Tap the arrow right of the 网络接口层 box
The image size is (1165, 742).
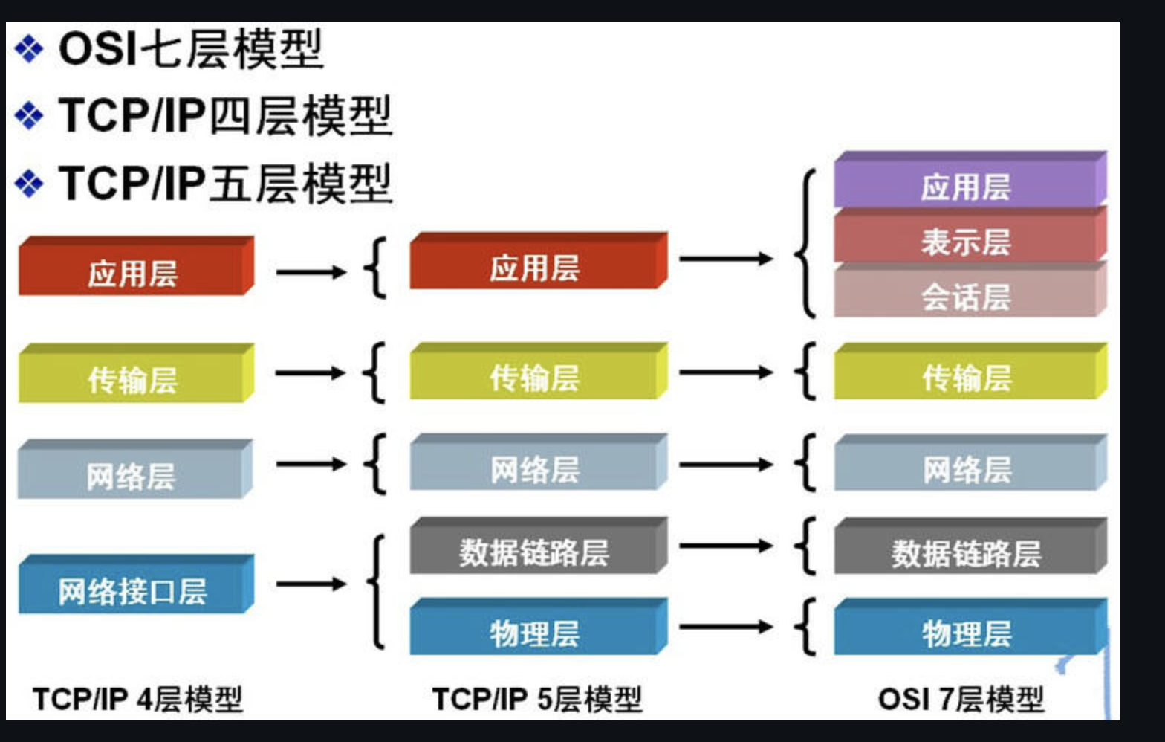[x=311, y=584]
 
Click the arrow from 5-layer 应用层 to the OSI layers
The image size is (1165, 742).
[x=725, y=259]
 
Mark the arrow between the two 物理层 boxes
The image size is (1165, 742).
[x=725, y=628]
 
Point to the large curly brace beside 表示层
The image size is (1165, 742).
[x=807, y=244]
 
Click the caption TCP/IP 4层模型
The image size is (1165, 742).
[x=137, y=699]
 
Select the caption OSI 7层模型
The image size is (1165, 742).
[x=961, y=699]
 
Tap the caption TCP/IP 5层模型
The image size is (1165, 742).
[x=536, y=699]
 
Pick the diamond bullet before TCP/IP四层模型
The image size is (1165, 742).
[x=29, y=116]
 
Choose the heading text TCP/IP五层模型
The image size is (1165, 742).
[x=225, y=184]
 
